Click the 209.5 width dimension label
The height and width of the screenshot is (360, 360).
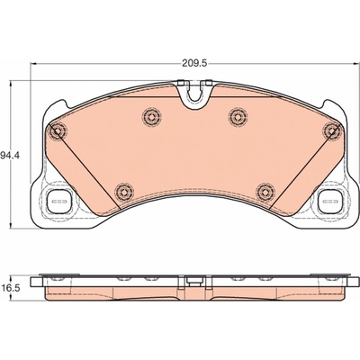(194, 63)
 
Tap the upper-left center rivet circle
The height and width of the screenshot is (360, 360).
(152, 116)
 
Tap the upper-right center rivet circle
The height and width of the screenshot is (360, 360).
(238, 116)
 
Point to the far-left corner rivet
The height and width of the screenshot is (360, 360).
(57, 130)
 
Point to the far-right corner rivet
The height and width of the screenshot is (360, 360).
(332, 130)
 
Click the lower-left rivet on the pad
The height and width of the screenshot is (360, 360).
(124, 192)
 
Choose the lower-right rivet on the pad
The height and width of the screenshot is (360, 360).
(265, 192)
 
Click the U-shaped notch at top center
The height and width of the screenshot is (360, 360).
(194, 95)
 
